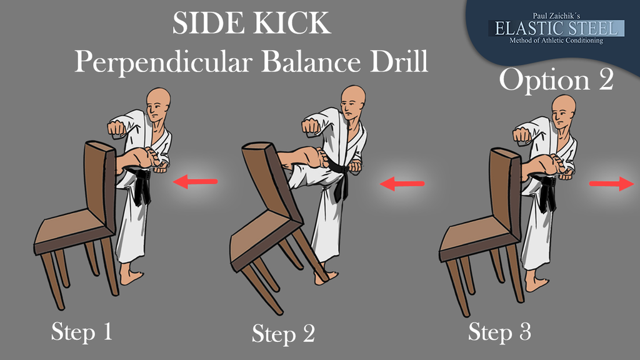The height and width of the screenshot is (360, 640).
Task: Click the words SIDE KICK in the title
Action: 251,24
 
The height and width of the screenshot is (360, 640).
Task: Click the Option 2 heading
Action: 556,80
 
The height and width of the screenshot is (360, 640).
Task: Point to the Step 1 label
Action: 82,331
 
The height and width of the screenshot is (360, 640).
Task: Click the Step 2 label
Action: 283,334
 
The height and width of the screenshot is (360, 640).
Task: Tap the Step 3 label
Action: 499,331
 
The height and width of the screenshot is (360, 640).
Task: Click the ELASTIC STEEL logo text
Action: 556,28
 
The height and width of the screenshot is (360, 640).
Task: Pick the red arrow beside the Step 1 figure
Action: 195,182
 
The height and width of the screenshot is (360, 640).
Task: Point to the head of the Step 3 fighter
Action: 564,111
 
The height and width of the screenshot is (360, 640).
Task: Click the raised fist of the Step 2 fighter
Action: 311,125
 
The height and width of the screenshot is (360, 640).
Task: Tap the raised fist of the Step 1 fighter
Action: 116,127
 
